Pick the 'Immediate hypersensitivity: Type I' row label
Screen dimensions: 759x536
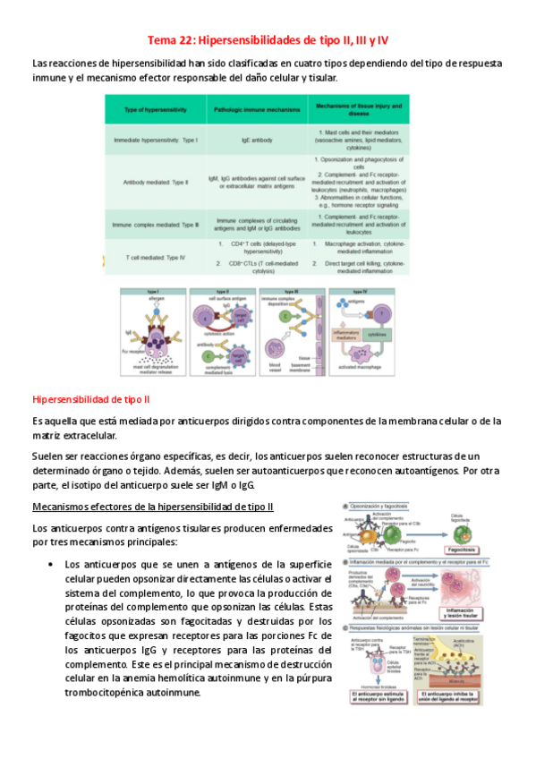[155, 141]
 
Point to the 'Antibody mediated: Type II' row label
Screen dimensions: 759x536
[156, 182]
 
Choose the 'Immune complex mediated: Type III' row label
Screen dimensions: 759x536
[155, 223]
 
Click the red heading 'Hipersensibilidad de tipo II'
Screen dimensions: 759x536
[90, 397]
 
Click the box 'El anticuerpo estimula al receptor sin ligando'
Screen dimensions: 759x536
[377, 698]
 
